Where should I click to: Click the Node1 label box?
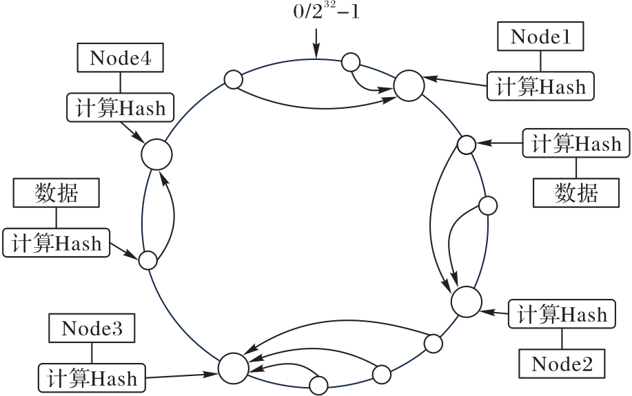point(540,37)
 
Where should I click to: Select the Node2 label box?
point(562,362)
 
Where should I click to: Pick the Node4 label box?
point(121,58)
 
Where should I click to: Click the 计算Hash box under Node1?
point(540,85)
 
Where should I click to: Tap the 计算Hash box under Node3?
point(92,377)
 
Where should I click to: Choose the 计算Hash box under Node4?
point(121,107)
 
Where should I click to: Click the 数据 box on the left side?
point(57,193)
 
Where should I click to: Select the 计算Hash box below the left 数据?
point(57,242)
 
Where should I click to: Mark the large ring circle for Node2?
point(466,301)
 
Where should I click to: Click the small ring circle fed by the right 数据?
point(467,145)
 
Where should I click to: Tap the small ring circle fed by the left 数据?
point(147,260)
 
